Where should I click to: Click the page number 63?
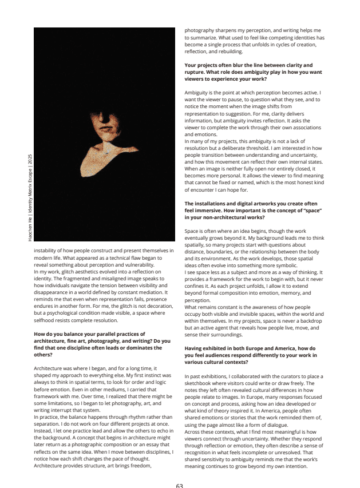coord(179,485)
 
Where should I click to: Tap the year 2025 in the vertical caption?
coord(30,159)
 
